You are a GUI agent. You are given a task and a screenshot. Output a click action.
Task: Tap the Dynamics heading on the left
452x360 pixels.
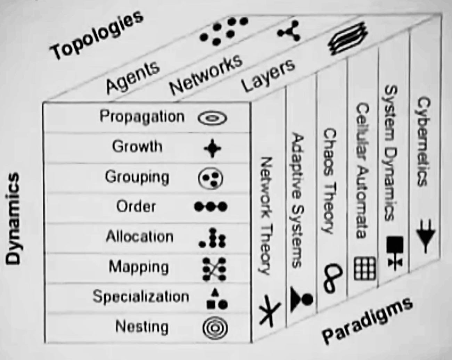(13, 219)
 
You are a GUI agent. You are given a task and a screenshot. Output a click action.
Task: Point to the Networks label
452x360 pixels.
(206, 74)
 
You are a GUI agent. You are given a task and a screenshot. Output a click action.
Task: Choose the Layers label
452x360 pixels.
(268, 75)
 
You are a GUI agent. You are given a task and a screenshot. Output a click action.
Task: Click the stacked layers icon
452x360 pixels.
(348, 41)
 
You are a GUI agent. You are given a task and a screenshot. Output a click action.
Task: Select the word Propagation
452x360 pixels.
(142, 116)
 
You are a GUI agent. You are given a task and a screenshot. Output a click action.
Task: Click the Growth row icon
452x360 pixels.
(212, 148)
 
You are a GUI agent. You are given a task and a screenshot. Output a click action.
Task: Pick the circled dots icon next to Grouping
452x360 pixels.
(211, 178)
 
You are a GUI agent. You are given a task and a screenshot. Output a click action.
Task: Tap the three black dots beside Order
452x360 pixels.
(210, 207)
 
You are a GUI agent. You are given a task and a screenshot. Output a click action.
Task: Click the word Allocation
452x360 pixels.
(139, 237)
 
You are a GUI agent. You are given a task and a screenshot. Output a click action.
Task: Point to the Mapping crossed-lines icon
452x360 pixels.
(214, 269)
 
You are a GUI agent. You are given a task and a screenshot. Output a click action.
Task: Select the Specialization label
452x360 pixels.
(141, 296)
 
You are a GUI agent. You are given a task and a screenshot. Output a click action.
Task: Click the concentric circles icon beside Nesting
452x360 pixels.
(215, 328)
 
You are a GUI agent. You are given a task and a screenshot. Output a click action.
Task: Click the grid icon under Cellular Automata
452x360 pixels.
(365, 269)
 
